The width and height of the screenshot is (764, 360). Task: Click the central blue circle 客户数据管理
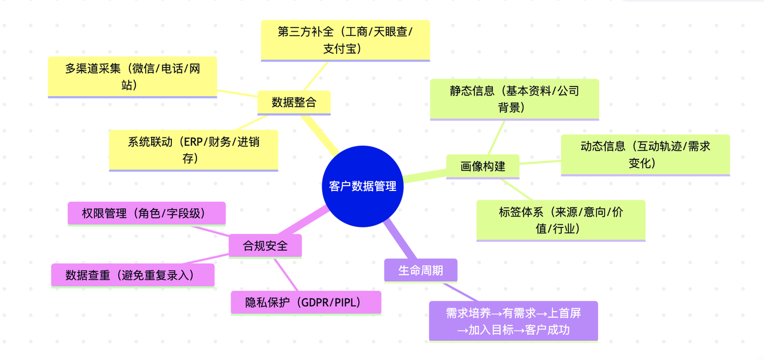363,186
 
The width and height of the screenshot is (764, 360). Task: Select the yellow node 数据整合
294,102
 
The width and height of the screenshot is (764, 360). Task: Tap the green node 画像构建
483,166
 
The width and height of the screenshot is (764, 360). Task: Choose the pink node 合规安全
265,245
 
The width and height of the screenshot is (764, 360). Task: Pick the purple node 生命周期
421,270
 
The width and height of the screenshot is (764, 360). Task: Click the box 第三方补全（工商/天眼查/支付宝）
345,39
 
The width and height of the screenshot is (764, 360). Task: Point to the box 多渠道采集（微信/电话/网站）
132,76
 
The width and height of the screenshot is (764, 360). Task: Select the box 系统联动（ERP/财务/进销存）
193,150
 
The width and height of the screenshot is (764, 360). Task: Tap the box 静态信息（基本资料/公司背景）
514,99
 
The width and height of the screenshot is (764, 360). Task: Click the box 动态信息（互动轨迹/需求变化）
645,154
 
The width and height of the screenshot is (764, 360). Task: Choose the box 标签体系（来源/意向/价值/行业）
560,220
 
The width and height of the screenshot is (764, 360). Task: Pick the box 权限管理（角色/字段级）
146,213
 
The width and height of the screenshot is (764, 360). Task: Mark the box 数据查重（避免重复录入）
132,275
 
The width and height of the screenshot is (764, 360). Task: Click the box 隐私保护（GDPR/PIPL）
306,302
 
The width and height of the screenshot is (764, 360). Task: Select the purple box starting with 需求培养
513,321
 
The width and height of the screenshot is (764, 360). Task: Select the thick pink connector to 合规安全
301,223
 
